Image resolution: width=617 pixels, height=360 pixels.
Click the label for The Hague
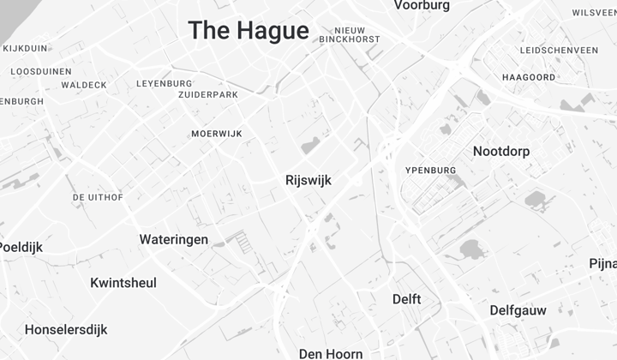[249, 31]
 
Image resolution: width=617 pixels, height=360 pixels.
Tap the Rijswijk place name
[308, 181]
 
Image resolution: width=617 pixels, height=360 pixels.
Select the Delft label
[406, 299]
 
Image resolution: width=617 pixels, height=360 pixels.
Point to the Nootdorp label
[501, 152]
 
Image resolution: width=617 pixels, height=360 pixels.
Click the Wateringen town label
[174, 239]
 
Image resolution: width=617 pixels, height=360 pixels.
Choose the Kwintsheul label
[123, 283]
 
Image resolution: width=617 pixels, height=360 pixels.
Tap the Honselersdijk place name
[65, 329]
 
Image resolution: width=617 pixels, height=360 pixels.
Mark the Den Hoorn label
[331, 353]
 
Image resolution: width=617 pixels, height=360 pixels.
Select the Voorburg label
[422, 6]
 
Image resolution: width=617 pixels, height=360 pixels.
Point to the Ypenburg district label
[430, 171]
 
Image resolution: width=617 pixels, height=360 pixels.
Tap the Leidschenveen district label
[559, 51]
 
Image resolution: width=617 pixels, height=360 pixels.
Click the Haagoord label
[529, 77]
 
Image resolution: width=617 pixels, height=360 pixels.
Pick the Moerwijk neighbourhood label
[217, 134]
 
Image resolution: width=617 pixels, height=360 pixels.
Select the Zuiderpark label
[207, 93]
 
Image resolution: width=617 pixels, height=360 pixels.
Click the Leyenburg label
[165, 83]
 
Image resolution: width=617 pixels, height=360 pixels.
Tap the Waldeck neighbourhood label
[84, 85]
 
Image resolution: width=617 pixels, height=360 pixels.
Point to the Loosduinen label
[41, 71]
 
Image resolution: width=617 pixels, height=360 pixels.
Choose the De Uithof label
[98, 197]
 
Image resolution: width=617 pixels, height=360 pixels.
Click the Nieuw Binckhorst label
[350, 34]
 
